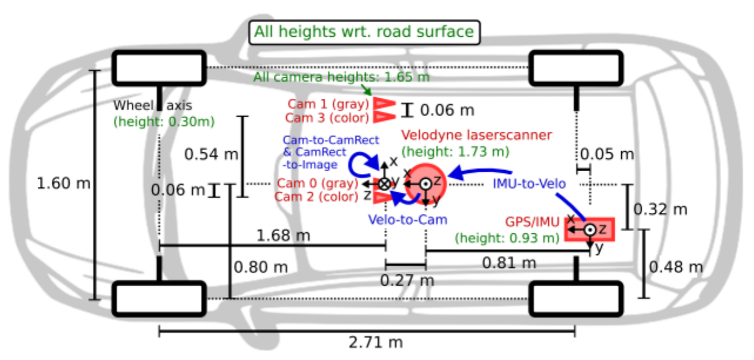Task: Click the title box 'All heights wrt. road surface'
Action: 364,32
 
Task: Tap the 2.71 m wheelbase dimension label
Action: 375,342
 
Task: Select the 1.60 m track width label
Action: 63,183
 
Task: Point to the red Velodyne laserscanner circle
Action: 425,183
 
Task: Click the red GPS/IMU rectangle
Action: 590,229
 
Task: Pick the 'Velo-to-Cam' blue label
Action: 408,219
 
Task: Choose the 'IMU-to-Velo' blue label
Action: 529,184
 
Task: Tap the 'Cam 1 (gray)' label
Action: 328,104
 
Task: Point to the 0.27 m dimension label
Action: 406,280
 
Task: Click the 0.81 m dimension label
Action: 509,262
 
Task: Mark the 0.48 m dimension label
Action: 676,267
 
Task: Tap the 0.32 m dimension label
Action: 660,209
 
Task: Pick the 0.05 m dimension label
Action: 607,154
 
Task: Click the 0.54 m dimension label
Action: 211,154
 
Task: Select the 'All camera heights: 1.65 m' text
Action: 341,77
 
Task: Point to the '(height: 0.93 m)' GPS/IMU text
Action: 506,238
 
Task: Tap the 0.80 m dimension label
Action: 260,267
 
